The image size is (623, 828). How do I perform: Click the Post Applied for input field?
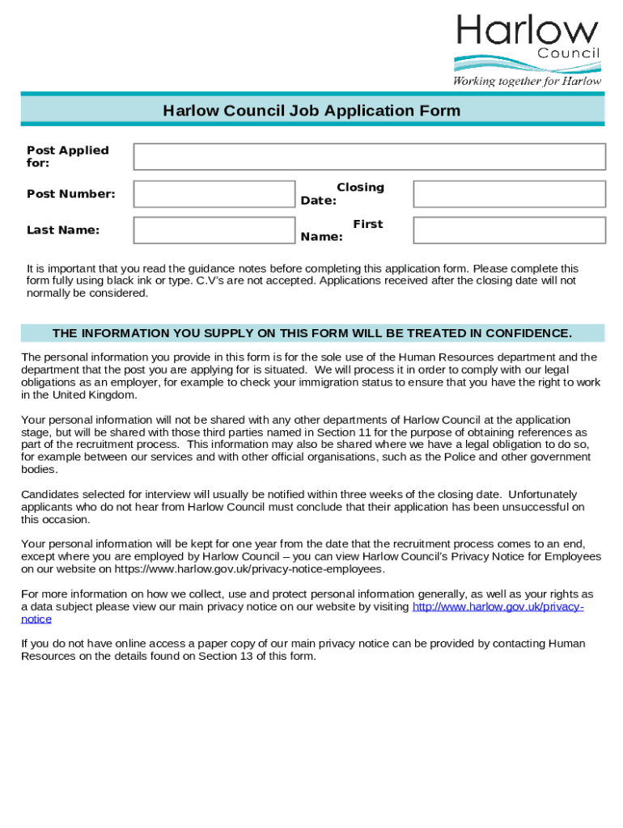(x=369, y=157)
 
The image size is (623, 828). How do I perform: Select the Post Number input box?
(x=214, y=194)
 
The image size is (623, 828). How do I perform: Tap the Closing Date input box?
(x=509, y=194)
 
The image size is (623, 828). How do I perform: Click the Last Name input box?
(x=214, y=230)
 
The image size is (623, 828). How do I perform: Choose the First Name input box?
(x=509, y=230)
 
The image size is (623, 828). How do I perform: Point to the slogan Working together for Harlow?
(x=527, y=81)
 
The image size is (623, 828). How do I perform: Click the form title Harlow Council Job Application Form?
(x=311, y=111)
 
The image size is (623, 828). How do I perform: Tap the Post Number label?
(x=71, y=194)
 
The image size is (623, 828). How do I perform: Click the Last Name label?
(x=63, y=230)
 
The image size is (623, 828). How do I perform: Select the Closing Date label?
(x=342, y=194)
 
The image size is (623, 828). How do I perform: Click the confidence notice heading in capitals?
(x=311, y=333)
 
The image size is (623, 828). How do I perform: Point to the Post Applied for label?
(x=67, y=156)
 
